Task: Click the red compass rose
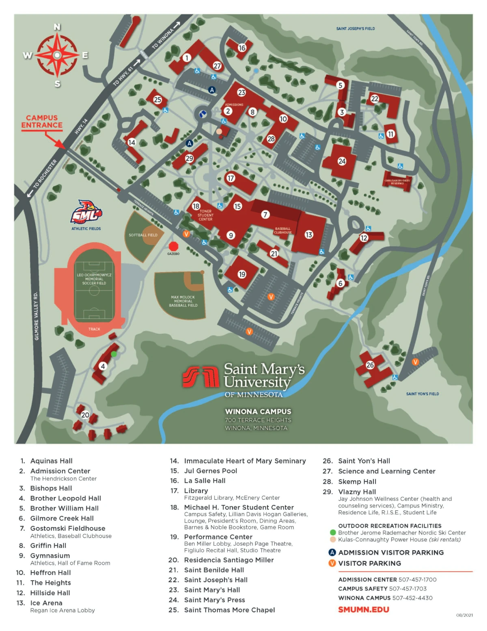(57, 55)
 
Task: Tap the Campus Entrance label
(42, 121)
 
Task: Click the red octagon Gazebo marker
(173, 246)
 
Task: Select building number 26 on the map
(370, 365)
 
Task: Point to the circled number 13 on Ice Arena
(309, 234)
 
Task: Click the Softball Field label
(143, 235)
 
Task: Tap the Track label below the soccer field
(94, 329)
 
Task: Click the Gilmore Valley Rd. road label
(36, 316)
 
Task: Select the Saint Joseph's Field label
(356, 28)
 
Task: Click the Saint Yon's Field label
(422, 394)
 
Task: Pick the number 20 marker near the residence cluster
(85, 415)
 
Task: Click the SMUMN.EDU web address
(364, 609)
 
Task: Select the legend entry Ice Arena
(46, 603)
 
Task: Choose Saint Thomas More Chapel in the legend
(229, 610)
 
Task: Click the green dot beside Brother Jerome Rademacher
(333, 532)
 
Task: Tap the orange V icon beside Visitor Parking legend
(332, 563)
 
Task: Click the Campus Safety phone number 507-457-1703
(408, 589)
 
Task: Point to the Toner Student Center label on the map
(205, 215)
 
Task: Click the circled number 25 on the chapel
(157, 100)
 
